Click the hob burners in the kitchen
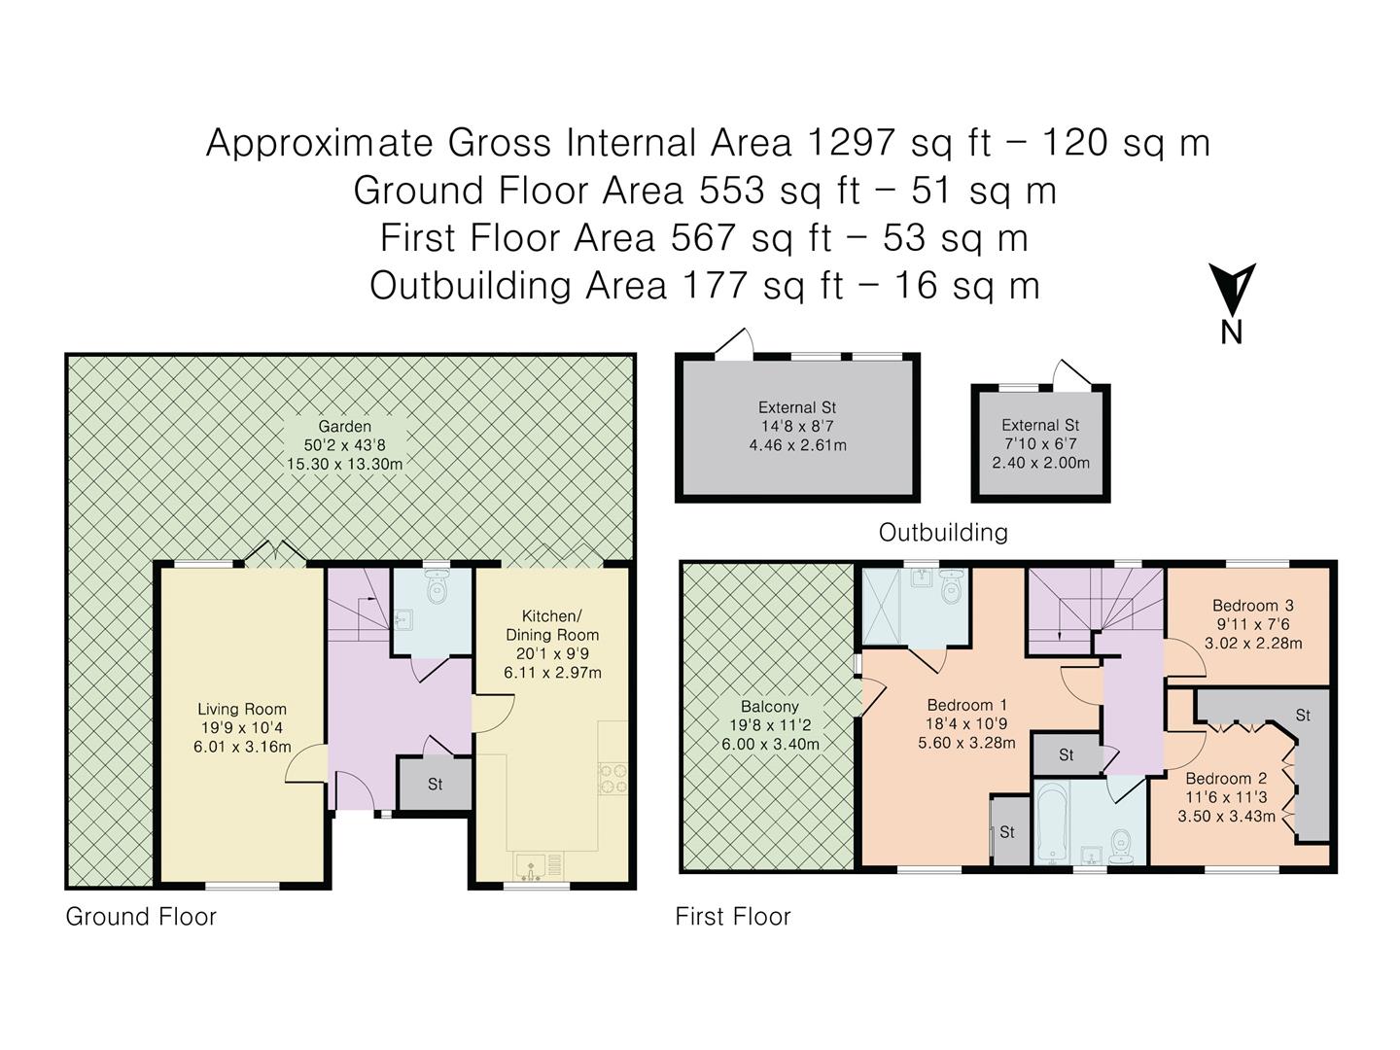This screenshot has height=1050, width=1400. [612, 779]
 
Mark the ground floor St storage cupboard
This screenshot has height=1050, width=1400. [435, 784]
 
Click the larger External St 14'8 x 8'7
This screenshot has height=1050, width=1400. [797, 427]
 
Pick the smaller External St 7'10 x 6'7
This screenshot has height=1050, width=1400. [1040, 444]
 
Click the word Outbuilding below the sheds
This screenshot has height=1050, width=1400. [943, 533]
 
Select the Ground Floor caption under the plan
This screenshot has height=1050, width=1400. [141, 917]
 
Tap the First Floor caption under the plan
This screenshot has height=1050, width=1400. [733, 917]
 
